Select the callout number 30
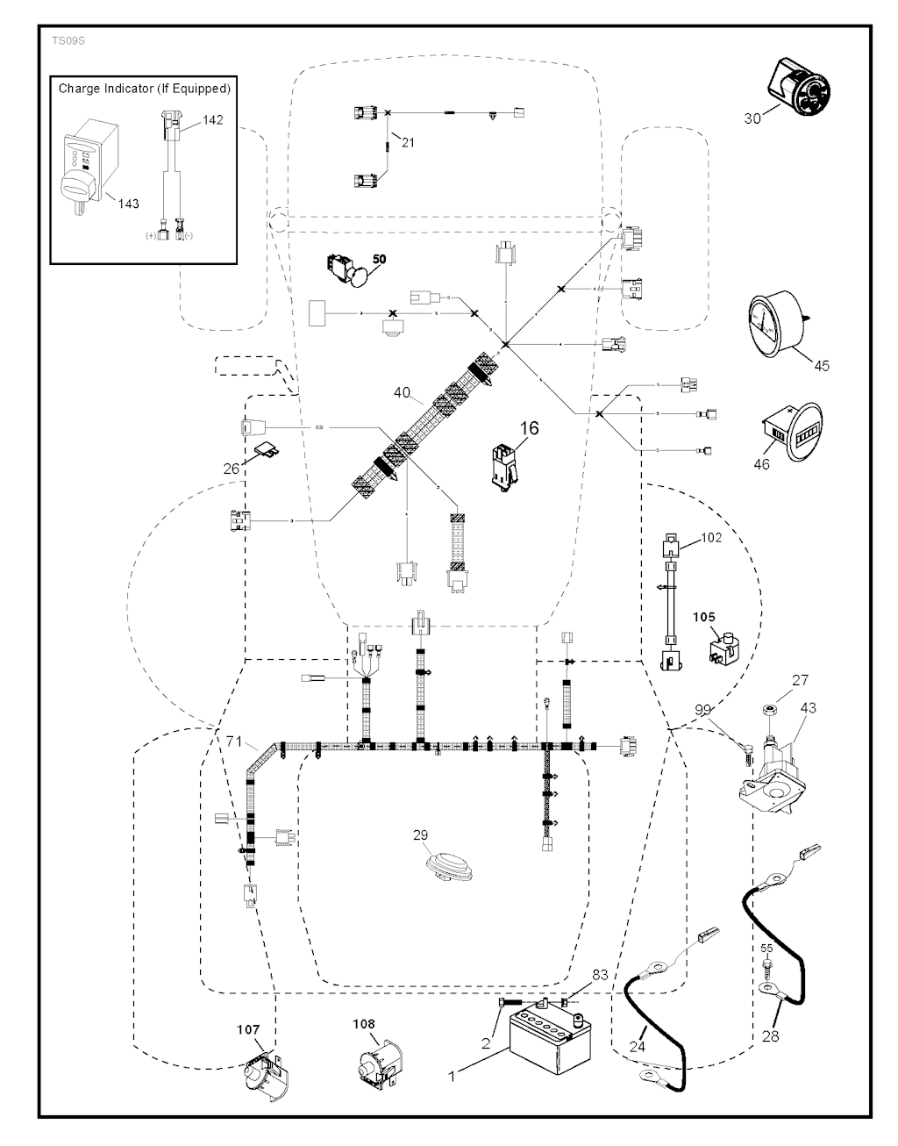[x=752, y=118]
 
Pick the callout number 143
[x=129, y=204]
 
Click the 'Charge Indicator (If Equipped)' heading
[x=145, y=89]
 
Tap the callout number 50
[x=379, y=259]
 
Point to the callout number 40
[x=402, y=393]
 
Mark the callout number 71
[x=232, y=742]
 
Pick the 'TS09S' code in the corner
[x=64, y=40]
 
